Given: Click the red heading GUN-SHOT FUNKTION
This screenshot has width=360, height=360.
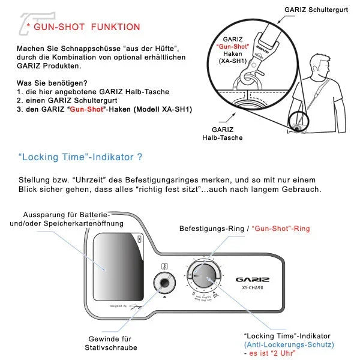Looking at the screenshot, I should [x=87, y=27].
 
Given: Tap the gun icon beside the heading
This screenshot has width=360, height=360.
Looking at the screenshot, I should [x=30, y=22].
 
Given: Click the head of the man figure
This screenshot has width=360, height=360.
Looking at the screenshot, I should [x=316, y=62].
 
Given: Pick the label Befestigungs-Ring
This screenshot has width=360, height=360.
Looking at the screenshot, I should [x=212, y=229].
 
